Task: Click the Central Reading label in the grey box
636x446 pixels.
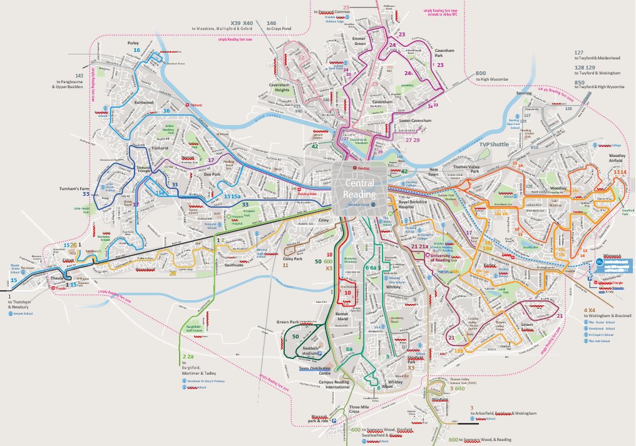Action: click(x=360, y=188)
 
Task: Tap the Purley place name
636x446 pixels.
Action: click(x=133, y=43)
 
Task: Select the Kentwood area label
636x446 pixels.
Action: click(x=144, y=102)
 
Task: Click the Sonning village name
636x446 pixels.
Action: click(x=524, y=93)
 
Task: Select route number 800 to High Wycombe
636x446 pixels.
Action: click(x=481, y=73)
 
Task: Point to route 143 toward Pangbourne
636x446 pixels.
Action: click(x=79, y=74)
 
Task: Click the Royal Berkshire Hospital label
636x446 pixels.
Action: click(x=416, y=206)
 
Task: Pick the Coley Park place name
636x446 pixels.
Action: click(x=292, y=258)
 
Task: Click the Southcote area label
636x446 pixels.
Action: click(x=234, y=265)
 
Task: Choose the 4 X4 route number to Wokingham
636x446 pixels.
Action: click(x=590, y=310)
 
